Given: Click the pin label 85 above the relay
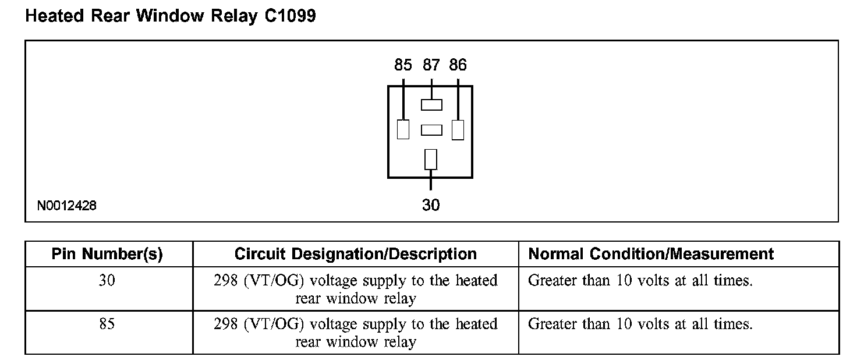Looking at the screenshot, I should tap(403, 65).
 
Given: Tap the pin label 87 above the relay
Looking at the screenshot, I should tap(431, 65).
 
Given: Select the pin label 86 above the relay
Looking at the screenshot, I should tap(458, 65).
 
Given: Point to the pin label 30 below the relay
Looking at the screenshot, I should tap(431, 205).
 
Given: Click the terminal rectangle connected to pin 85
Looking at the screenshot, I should tap(403, 129).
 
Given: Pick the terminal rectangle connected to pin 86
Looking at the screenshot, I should tap(458, 129).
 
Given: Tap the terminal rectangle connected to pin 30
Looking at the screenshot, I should tap(431, 159).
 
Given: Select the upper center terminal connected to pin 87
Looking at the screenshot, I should tap(431, 105).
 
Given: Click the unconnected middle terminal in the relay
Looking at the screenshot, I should tap(431, 130).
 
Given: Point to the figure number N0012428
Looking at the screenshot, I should tap(67, 206).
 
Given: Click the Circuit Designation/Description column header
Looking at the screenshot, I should tap(355, 254).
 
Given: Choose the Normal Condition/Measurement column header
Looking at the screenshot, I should tap(650, 254).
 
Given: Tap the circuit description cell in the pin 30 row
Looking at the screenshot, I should tap(355, 290).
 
